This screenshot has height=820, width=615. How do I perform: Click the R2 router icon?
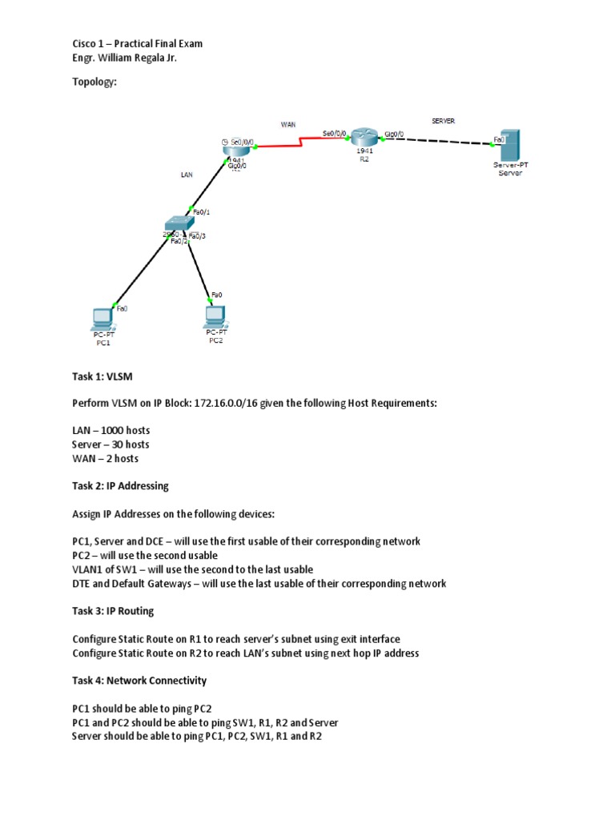tap(364, 137)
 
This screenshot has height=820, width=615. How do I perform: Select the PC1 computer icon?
tap(102, 317)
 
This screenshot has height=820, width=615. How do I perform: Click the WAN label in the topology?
tap(288, 124)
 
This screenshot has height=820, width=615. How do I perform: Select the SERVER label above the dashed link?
tap(443, 120)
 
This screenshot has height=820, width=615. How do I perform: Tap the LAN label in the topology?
tap(186, 173)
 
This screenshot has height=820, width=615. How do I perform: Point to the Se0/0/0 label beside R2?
tap(334, 133)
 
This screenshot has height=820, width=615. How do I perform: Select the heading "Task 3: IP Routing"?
tap(113, 611)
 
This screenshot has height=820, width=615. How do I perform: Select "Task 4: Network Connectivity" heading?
tap(139, 681)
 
